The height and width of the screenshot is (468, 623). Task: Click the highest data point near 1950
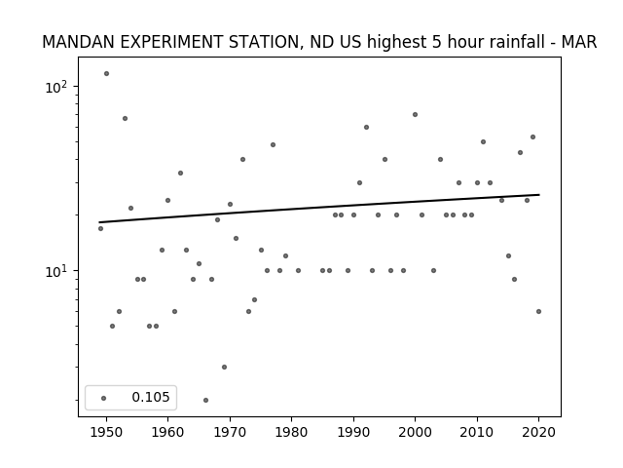click(106, 74)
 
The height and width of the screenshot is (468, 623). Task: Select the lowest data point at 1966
click(205, 400)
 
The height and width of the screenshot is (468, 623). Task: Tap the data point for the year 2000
click(416, 115)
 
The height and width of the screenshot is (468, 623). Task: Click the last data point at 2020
click(538, 312)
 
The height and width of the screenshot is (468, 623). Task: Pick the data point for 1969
click(224, 367)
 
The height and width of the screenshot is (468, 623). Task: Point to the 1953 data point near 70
click(125, 119)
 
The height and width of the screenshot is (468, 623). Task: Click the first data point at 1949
click(100, 228)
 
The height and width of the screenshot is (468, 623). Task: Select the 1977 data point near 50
click(273, 145)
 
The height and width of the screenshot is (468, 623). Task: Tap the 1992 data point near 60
click(366, 128)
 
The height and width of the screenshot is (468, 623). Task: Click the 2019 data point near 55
click(532, 136)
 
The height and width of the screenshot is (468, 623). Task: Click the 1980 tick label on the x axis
click(292, 432)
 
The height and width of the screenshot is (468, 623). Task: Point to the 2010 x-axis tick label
click(477, 432)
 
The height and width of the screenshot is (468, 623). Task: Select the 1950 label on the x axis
click(106, 432)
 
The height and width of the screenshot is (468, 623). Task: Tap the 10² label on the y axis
click(56, 87)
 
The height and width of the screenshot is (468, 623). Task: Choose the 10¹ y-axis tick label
click(56, 271)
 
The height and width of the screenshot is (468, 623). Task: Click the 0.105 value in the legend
click(151, 397)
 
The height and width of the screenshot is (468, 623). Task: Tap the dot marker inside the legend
click(103, 398)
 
